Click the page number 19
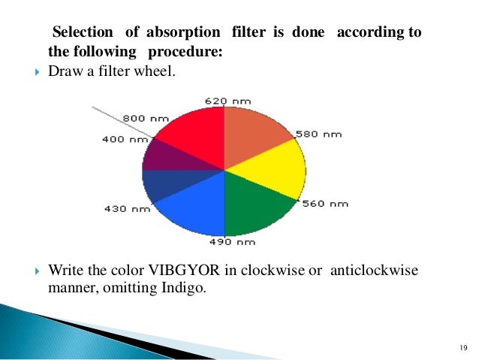[461, 347]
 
